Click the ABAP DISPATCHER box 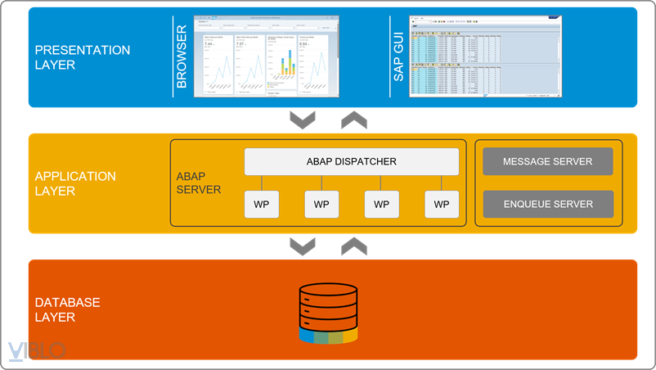tap(352, 161)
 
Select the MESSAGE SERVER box tap(548, 161)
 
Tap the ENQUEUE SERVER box tap(548, 204)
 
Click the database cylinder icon tap(328, 312)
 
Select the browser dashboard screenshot tap(266, 56)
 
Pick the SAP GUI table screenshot tap(485, 56)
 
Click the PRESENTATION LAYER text tap(82, 57)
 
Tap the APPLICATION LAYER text tap(75, 183)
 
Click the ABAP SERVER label tap(199, 183)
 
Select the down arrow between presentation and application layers tap(303, 120)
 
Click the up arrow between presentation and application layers tap(353, 120)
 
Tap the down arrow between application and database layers tap(303, 246)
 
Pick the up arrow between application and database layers tap(353, 246)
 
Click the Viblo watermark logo tap(36, 350)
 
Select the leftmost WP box tap(261, 204)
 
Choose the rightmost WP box tap(442, 204)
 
